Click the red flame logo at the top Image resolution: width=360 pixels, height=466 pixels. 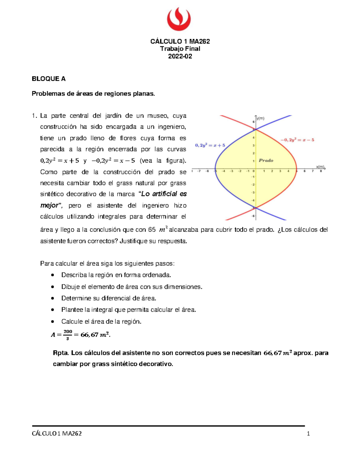pyautogui.click(x=179, y=19)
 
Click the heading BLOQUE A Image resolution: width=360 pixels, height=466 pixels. pyautogui.click(x=49, y=79)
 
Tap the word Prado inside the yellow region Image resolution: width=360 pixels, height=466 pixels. pyautogui.click(x=266, y=161)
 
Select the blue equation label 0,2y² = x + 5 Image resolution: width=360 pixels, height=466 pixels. pyautogui.click(x=210, y=146)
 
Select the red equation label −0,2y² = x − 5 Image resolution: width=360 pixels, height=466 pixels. pyautogui.click(x=297, y=140)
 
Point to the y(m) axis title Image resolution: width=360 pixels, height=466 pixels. pyautogui.click(x=260, y=118)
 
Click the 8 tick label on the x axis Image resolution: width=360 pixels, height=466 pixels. pyautogui.click(x=321, y=171)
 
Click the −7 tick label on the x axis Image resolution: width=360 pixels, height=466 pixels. pyautogui.click(x=199, y=171)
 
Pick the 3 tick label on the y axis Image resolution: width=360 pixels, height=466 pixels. pyautogui.click(x=253, y=146)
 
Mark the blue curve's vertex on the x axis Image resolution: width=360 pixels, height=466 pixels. pyautogui.click(x=215, y=169)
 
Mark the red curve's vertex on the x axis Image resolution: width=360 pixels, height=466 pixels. pyautogui.click(x=296, y=169)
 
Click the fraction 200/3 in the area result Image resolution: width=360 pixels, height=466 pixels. pyautogui.click(x=68, y=335)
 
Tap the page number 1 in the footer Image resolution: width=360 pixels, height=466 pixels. pyautogui.click(x=308, y=433)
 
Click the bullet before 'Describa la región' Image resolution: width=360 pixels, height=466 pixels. pyautogui.click(x=53, y=275)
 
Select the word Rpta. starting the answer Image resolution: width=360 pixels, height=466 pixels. pyautogui.click(x=61, y=353)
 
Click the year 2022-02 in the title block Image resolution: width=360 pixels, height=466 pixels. pyautogui.click(x=180, y=56)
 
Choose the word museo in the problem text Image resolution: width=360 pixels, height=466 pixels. pyautogui.click(x=157, y=116)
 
